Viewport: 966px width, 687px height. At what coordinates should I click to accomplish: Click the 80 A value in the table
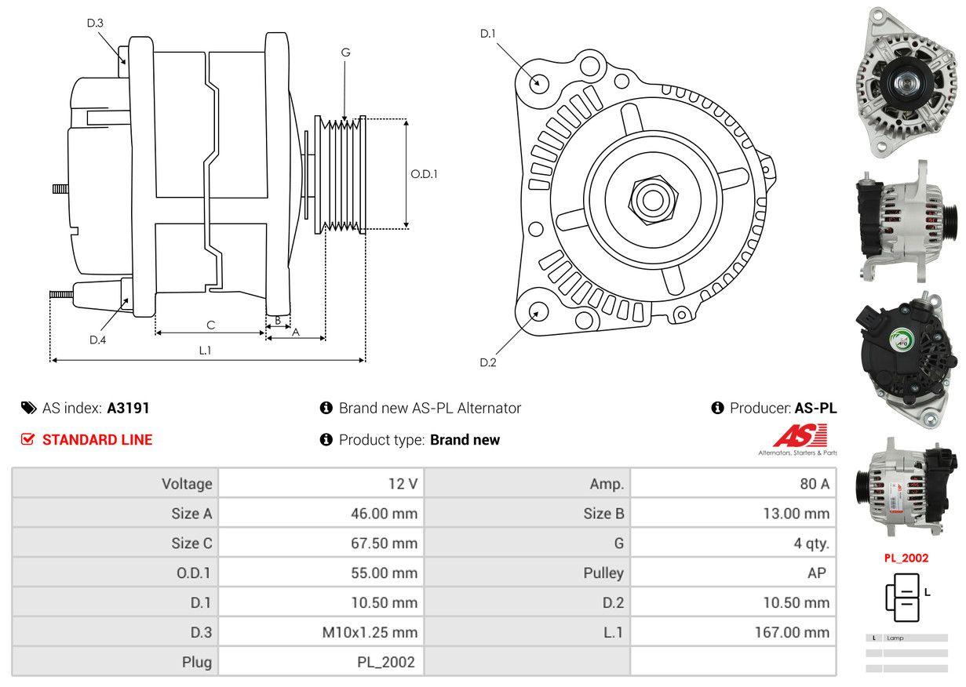[814, 484]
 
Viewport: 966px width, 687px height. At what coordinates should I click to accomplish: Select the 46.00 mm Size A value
[384, 514]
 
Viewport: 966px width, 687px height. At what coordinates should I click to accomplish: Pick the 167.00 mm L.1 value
[793, 632]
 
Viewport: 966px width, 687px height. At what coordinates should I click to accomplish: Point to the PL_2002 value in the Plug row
[385, 662]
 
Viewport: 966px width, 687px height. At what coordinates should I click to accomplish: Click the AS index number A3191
[128, 408]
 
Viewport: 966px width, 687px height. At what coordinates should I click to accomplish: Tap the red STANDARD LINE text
[97, 440]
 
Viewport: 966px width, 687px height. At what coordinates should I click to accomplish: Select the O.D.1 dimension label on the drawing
[424, 174]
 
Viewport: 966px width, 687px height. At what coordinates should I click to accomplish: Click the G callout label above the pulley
[345, 53]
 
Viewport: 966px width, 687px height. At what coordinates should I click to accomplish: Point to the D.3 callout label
[95, 23]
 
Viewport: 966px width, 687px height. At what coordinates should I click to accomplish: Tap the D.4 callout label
[97, 340]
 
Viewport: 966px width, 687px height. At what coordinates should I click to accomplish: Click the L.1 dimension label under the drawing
[205, 351]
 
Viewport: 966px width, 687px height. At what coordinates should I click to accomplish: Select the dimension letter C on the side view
[210, 325]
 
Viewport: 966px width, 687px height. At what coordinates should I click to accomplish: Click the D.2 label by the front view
[488, 362]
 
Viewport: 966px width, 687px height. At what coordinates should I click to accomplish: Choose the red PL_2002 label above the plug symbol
[906, 558]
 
